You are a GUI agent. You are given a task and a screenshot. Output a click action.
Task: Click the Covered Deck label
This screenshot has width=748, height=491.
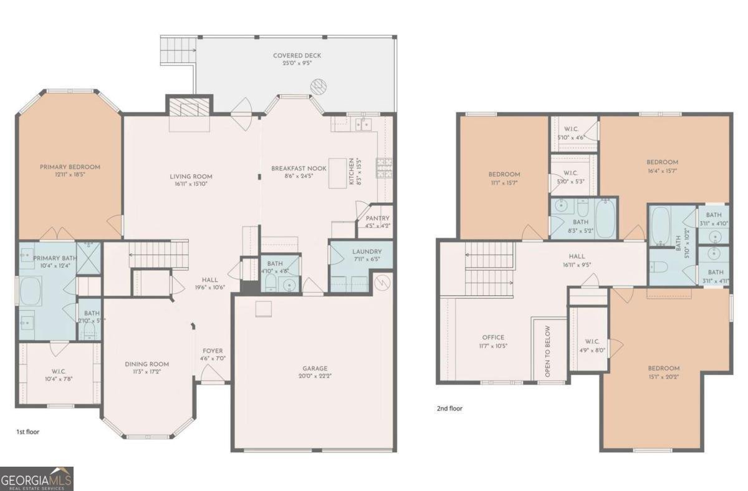tap(297, 56)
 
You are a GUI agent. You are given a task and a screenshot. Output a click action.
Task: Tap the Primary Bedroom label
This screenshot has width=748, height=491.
tap(70, 167)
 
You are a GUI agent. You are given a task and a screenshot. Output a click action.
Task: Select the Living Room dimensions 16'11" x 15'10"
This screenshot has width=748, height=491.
tap(191, 185)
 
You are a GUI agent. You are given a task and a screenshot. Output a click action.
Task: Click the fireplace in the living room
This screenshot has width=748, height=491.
tap(188, 110)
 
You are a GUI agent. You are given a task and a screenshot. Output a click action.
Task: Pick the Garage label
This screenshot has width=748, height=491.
tap(315, 368)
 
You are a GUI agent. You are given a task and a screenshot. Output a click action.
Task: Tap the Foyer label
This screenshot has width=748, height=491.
tap(213, 351)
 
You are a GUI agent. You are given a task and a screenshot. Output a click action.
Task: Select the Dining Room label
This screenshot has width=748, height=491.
tap(146, 364)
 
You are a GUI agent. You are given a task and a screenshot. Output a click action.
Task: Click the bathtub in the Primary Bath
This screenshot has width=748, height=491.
tap(29, 291)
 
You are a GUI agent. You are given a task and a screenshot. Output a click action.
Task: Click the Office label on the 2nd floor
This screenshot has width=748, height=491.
tap(493, 338)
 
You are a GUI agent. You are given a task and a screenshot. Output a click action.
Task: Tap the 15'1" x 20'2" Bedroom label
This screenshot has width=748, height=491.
tap(663, 368)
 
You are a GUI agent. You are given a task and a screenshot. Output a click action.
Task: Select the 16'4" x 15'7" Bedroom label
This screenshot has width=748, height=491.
tap(661, 162)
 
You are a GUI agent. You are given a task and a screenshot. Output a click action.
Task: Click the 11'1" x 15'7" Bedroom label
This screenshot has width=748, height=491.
tap(504, 174)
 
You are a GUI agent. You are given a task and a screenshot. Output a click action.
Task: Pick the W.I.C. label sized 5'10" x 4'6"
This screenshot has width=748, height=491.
tap(571, 130)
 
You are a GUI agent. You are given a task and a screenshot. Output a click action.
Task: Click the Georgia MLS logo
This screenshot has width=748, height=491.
tap(37, 479)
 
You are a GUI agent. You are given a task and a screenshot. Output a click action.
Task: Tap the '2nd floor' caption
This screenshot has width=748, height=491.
tap(449, 409)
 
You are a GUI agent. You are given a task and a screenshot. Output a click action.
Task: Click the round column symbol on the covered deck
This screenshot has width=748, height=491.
tap(318, 84)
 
